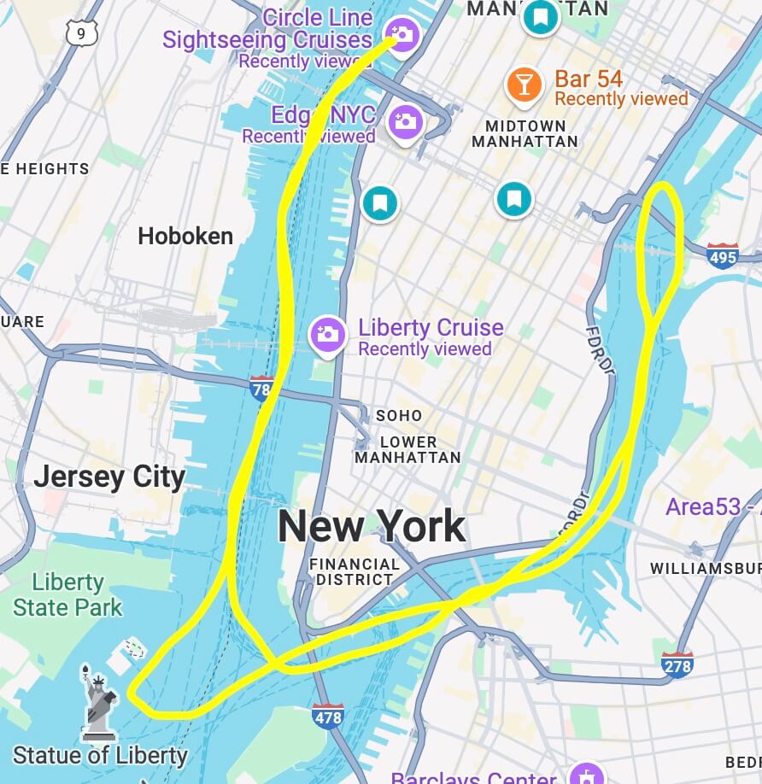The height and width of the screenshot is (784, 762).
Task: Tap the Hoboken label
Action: click(x=185, y=236)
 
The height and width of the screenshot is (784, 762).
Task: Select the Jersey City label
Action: click(x=109, y=477)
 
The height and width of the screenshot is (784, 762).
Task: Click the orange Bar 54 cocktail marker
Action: click(x=524, y=84)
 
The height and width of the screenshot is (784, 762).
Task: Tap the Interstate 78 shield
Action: click(x=261, y=389)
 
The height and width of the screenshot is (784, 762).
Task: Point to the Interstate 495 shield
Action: click(x=722, y=255)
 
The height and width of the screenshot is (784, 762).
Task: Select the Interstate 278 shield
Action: click(x=677, y=664)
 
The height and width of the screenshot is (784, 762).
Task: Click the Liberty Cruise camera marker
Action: click(x=327, y=334)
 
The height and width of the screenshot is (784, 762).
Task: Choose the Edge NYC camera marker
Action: click(x=405, y=121)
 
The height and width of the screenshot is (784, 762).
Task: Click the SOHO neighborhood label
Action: click(x=399, y=415)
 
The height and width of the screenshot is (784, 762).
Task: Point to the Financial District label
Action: click(x=355, y=571)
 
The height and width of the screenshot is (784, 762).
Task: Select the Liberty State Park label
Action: click(x=67, y=595)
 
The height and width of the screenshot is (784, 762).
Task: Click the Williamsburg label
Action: click(x=706, y=568)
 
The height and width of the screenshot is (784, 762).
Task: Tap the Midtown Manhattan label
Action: click(x=525, y=133)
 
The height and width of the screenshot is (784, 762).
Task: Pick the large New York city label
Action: click(x=372, y=526)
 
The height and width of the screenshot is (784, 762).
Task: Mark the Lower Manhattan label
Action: click(x=407, y=449)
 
